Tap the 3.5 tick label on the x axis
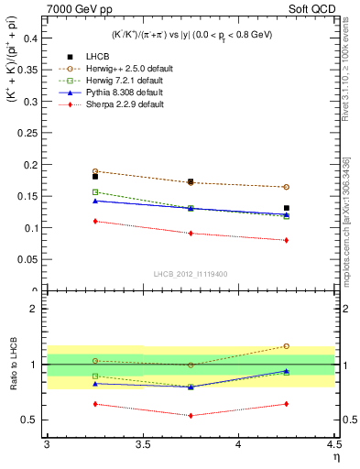click(x=142, y=444)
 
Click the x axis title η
click(x=335, y=457)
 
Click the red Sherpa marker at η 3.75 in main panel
click(x=191, y=234)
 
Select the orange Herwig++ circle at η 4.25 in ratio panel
click(x=286, y=346)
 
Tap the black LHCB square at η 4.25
click(x=286, y=208)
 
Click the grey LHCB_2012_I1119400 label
click(x=191, y=273)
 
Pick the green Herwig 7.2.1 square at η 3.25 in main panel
click(x=95, y=192)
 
